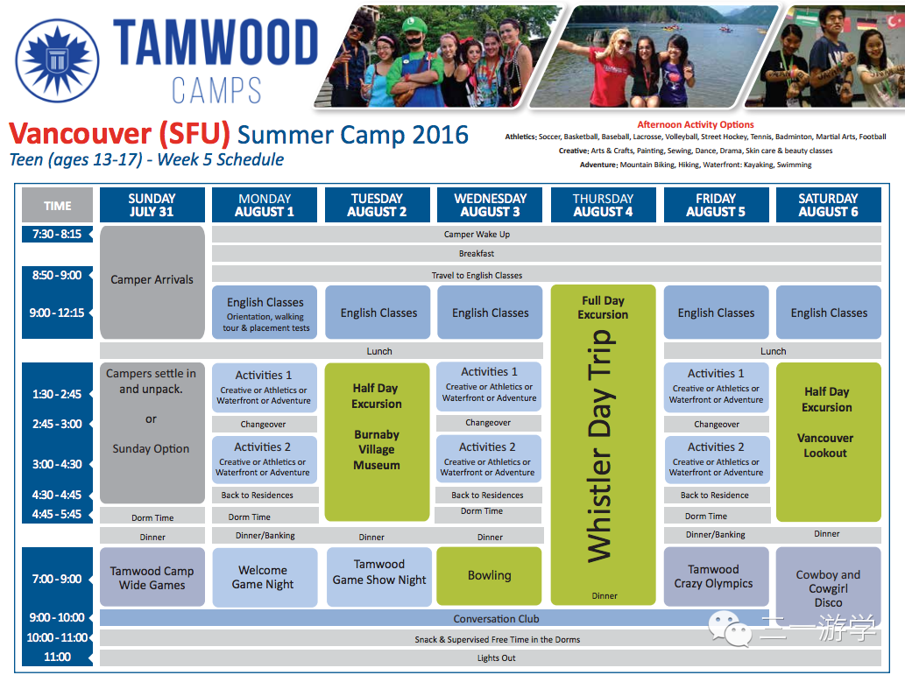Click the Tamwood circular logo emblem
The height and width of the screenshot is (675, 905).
57,61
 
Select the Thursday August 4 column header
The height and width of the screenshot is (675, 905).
603,205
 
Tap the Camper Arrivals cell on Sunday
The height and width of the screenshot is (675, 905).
152,282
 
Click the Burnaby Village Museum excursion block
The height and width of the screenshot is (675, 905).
377,442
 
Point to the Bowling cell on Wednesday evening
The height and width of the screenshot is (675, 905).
490,576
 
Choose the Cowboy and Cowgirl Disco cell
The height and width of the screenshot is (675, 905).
828,586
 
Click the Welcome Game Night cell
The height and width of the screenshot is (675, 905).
265,577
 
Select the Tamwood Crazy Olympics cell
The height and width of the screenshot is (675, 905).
717,576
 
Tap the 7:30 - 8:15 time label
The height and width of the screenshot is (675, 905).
57,235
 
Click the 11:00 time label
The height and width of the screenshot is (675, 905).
57,657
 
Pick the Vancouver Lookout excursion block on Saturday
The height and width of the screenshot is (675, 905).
828,442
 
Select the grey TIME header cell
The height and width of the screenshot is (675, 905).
57,205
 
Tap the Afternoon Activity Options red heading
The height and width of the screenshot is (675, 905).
696,124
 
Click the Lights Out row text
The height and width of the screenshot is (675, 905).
497,657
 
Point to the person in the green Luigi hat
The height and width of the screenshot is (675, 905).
412,60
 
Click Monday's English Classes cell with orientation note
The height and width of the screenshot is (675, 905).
265,313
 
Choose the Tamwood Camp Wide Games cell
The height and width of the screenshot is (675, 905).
152,577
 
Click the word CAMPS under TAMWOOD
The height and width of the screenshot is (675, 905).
216,90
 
